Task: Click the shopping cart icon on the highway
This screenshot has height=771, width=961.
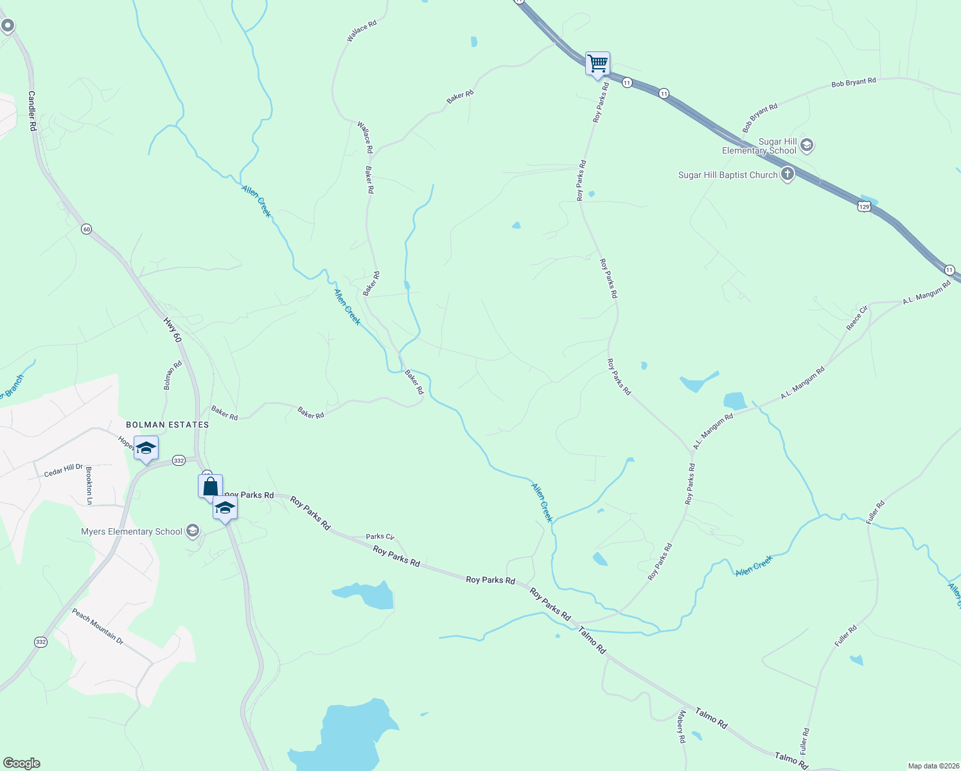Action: (x=597, y=64)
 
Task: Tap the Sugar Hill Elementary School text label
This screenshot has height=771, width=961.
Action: (x=759, y=146)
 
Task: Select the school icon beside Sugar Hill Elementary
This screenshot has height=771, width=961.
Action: (x=807, y=145)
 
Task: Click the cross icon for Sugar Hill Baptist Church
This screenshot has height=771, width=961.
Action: (x=788, y=174)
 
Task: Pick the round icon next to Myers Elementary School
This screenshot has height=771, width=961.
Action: (x=192, y=531)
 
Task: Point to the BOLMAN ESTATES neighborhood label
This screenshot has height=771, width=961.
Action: (x=167, y=425)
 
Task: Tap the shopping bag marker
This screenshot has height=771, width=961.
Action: (x=210, y=486)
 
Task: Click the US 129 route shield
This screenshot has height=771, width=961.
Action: (x=864, y=206)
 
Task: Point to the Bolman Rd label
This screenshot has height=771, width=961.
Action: (x=173, y=375)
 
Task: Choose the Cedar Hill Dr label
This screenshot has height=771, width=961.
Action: (x=64, y=470)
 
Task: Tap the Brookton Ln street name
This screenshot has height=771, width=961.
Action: (x=89, y=485)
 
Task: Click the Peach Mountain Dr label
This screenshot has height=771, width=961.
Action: (x=98, y=626)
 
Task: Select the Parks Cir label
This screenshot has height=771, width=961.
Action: (x=380, y=536)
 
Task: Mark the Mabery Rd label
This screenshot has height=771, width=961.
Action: (x=682, y=726)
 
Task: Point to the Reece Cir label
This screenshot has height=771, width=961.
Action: (x=857, y=318)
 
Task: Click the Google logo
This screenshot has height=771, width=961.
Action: (x=22, y=763)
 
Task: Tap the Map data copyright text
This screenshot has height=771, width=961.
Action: (x=932, y=766)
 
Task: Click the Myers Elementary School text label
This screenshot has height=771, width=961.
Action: (x=132, y=531)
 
